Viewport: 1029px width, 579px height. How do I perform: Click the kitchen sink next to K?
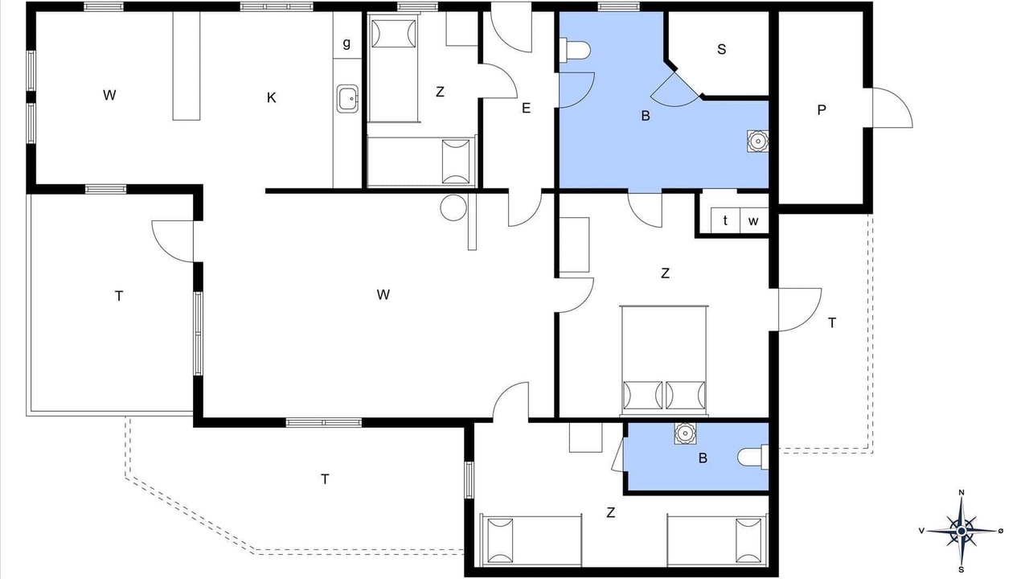point(348,98)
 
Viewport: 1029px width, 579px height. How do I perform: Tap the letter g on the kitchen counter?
point(346,43)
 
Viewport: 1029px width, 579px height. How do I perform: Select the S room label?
point(721,49)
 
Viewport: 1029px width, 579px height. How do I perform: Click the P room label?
point(822,110)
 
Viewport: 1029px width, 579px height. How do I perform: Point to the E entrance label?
point(526,108)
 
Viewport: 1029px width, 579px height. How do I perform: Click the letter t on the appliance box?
point(725,220)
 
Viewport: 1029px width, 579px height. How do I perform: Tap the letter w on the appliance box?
point(753,221)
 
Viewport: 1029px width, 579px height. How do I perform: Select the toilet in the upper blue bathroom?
point(574,50)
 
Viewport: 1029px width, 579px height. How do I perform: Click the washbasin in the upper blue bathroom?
point(757,141)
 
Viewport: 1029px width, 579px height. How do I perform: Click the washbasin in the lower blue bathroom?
point(685,433)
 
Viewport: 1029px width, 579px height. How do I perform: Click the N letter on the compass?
point(961,493)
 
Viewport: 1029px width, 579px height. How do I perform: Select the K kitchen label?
point(272,98)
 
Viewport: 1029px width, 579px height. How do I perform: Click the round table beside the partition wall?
point(453,207)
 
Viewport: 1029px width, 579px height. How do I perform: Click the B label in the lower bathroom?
point(703,458)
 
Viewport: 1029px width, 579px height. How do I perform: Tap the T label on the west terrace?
point(119,297)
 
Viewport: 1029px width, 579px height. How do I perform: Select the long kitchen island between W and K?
point(186,66)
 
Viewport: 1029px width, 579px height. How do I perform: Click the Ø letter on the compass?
point(1001,531)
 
